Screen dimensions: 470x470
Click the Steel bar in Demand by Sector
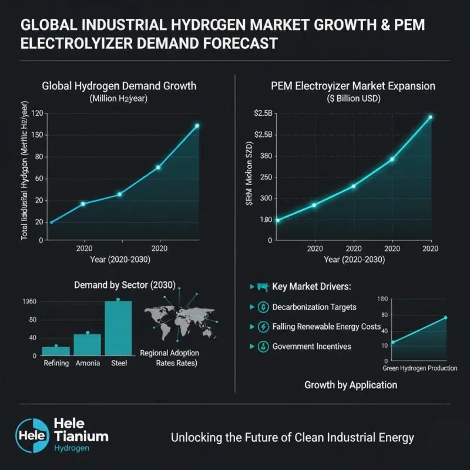coord(118,328)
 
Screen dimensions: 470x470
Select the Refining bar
coord(56,350)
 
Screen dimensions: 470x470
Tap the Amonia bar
coord(88,344)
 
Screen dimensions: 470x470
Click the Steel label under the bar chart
coord(118,363)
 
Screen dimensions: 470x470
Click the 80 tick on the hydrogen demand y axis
coord(39,157)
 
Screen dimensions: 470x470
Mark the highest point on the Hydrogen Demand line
coord(197,126)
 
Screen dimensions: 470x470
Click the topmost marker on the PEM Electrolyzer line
coord(430,117)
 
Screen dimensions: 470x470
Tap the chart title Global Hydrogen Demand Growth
coord(119,86)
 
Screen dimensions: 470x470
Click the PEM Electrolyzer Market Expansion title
coord(352,86)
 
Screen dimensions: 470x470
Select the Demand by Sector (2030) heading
coord(125,285)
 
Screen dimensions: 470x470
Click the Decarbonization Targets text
coord(314,307)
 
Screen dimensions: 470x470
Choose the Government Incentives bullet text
coord(311,346)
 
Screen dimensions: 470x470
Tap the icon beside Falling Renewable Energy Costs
coord(261,327)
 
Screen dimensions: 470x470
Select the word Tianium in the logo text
coord(80,436)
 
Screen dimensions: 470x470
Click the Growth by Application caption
coord(351,385)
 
